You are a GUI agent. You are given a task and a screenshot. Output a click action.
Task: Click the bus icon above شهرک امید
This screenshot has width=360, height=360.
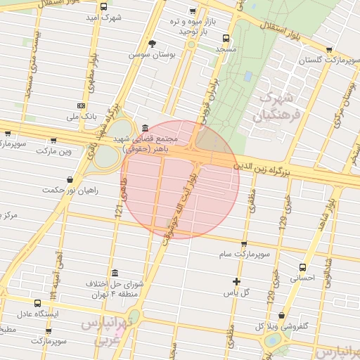(x=104, y=7)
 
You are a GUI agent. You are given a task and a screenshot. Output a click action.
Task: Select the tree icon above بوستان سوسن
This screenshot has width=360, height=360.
(x=152, y=44)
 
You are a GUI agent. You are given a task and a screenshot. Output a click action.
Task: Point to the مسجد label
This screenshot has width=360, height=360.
(x=226, y=49)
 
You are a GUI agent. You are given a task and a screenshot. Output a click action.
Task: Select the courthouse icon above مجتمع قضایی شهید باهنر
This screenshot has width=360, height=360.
(x=145, y=128)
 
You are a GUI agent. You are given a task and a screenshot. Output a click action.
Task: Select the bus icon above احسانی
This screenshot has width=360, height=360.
(x=303, y=267)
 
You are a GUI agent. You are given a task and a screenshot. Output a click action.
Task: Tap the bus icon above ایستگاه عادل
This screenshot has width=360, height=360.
(x=38, y=303)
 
